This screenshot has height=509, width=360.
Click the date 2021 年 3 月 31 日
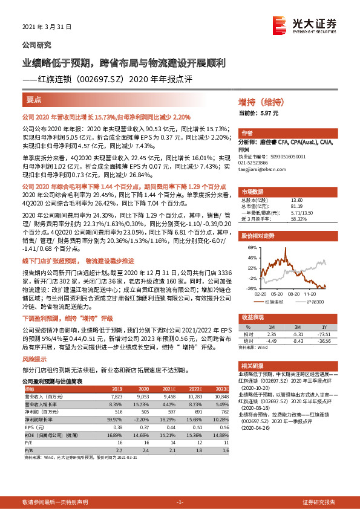(x=47, y=27)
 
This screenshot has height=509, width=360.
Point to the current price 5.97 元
(x=267, y=113)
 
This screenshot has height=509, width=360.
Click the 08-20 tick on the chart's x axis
(x=295, y=293)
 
